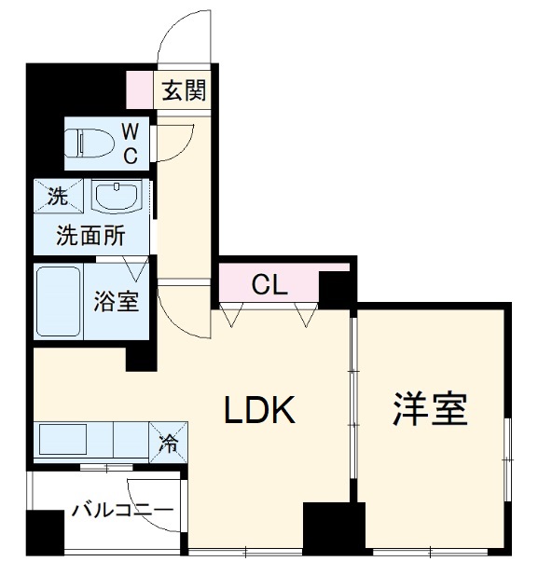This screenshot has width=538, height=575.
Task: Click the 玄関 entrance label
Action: tap(183, 91)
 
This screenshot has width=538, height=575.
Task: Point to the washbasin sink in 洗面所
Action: tap(117, 197)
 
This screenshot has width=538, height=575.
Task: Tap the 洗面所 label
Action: tap(90, 235)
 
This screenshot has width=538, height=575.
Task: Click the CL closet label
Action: tap(269, 285)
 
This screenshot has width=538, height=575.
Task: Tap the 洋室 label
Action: tap(430, 409)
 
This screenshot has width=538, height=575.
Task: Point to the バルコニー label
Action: tap(121, 510)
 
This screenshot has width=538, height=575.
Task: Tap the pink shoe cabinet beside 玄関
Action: tap(140, 90)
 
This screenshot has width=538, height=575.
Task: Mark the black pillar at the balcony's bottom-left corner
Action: tap(43, 535)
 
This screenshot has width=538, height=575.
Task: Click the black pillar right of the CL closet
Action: tap(337, 288)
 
